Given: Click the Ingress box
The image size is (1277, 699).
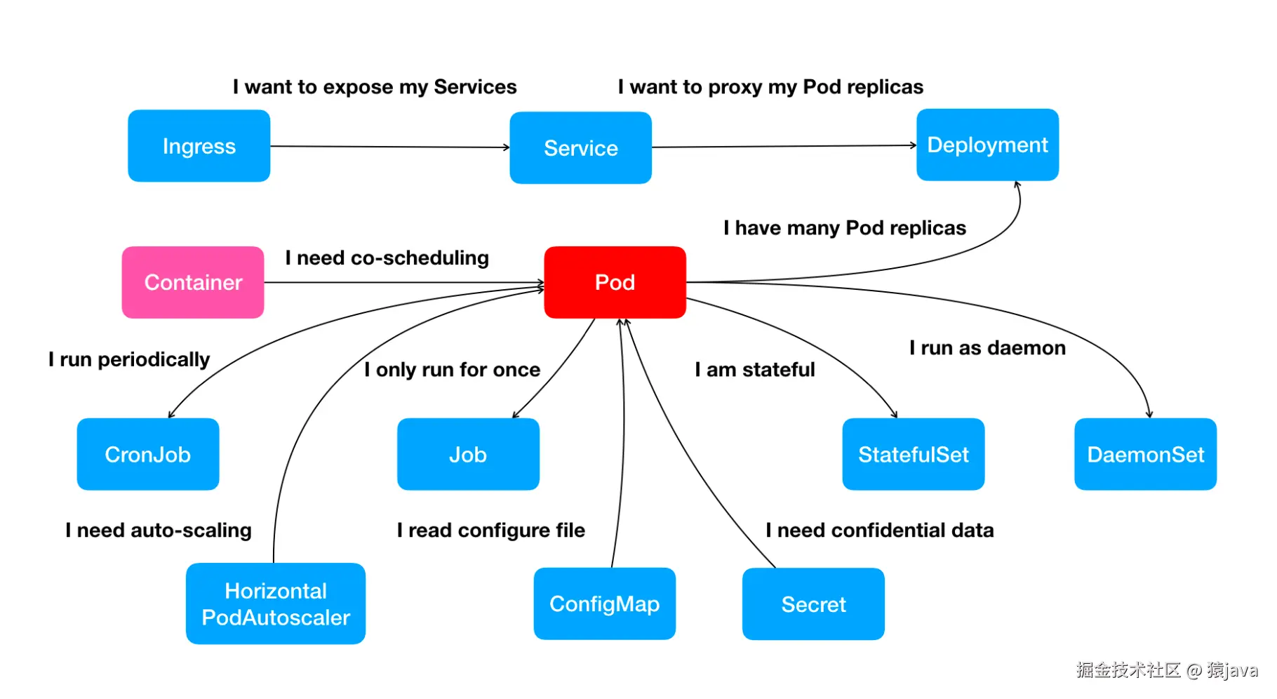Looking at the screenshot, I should point(199,146).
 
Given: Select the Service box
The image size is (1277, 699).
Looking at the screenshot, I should point(580,148).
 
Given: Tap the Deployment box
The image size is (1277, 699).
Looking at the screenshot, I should point(987,145).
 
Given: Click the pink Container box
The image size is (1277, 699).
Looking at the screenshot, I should point(193,282).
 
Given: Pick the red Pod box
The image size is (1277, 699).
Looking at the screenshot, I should point(615,282).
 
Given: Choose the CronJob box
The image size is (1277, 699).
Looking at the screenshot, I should point(148,454).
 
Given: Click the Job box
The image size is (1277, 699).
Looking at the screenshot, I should point(468,454).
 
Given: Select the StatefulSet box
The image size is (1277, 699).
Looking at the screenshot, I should point(913,454).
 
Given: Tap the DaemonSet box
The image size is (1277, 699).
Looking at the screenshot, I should point(1145,454).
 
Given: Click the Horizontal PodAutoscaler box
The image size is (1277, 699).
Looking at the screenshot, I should point(276,604).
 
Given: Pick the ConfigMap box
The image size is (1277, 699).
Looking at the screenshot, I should point(604,604).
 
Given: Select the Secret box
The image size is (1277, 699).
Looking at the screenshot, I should point(813,604).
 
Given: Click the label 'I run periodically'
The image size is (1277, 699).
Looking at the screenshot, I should point(129,359).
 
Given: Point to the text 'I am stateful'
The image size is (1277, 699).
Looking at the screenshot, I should point(755,369).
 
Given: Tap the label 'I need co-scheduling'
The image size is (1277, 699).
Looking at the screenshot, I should point(387,258).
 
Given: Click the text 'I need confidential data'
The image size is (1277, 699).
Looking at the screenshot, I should point(880,530).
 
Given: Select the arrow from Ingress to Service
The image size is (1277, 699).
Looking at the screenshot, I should point(389,147).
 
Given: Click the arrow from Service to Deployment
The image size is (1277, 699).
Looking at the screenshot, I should point(784,146).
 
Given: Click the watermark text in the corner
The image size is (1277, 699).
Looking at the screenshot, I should point(1166,670).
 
